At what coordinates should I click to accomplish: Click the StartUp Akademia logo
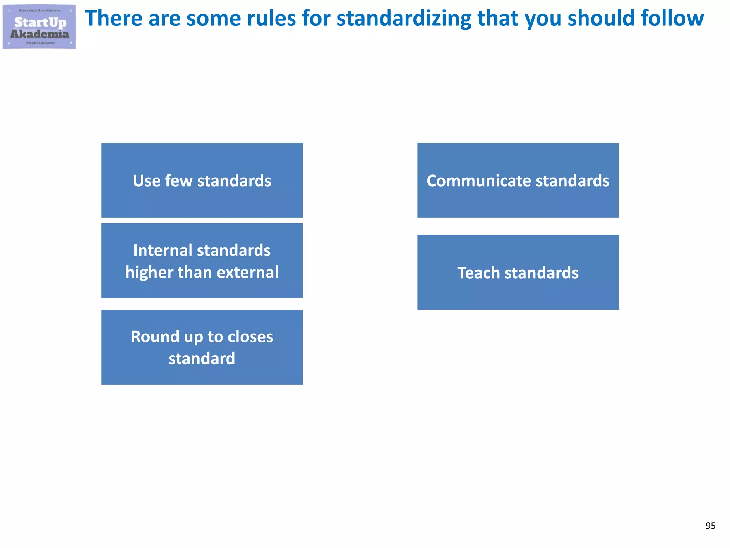tap(39, 27)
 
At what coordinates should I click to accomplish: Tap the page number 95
tap(710, 526)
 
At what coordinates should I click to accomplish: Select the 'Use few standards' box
tap(202, 180)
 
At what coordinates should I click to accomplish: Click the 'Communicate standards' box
tap(518, 180)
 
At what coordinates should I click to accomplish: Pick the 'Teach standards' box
tap(518, 272)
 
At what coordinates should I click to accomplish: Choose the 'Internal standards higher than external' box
tap(202, 261)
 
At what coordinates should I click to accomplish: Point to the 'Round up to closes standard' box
tap(202, 347)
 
